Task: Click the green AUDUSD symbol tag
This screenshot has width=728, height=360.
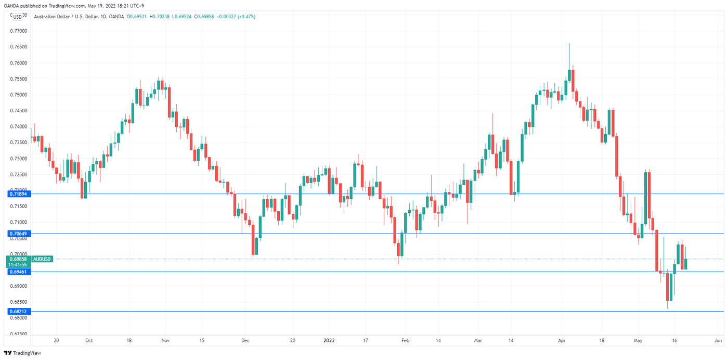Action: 42,259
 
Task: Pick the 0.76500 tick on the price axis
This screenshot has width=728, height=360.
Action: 19,47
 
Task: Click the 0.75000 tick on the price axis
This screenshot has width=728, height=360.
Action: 19,95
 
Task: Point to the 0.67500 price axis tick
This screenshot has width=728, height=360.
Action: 19,334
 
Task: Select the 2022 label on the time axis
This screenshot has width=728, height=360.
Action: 329,341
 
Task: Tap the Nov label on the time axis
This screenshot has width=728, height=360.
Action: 165,341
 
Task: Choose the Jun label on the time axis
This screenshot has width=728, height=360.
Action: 718,341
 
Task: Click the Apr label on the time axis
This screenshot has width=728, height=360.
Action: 562,341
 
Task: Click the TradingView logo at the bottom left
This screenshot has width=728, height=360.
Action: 23,353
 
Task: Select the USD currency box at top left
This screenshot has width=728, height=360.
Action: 18,17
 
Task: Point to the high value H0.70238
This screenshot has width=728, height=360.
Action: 158,17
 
